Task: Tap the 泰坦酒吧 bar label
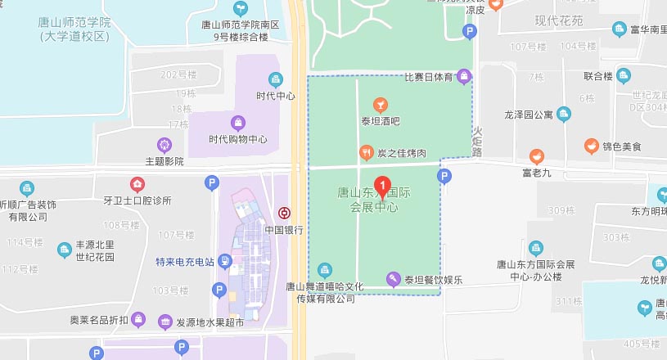(380, 122)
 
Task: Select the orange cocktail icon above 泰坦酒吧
(380, 105)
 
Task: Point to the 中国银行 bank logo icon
(283, 213)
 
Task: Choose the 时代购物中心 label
(237, 139)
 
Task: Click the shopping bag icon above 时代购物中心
(237, 123)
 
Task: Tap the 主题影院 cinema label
(164, 161)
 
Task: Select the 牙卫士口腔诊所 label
(137, 200)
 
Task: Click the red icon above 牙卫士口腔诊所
(137, 183)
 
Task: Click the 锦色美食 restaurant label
(622, 147)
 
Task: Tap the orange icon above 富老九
(537, 155)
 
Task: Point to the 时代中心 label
(276, 96)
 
